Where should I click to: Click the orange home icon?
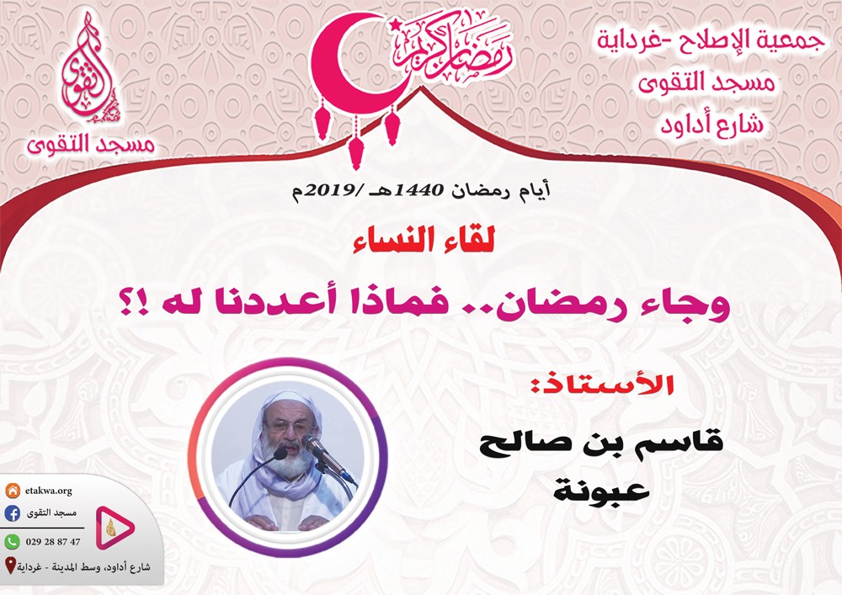pyautogui.click(x=12, y=490)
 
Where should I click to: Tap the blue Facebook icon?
pyautogui.click(x=12, y=513)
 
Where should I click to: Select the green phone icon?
pyautogui.click(x=12, y=541)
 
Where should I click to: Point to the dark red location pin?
pyautogui.click(x=9, y=566)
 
